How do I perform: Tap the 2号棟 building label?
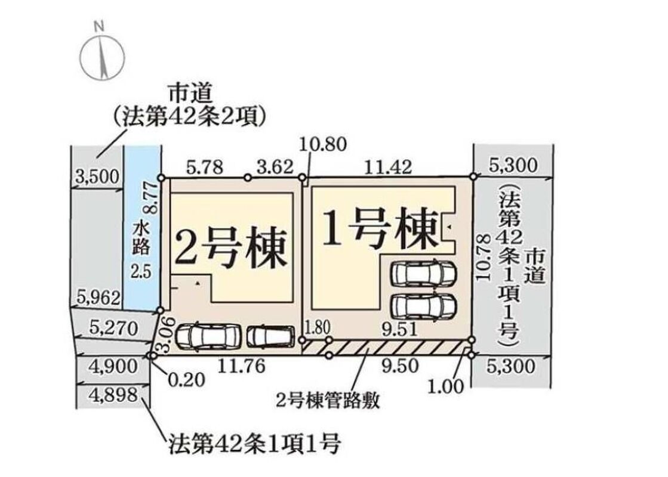tap(230, 249)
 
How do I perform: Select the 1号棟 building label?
tap(380, 228)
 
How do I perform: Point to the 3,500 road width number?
tap(97, 176)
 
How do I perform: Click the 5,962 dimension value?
tap(98, 298)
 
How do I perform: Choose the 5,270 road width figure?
tap(113, 328)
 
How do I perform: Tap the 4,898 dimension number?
tap(113, 395)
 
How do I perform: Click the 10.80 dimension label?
tap(322, 145)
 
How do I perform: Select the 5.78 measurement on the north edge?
tap(205, 167)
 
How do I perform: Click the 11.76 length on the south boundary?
tap(242, 366)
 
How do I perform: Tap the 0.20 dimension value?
tap(186, 379)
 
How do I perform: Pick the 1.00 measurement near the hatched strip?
tap(446, 386)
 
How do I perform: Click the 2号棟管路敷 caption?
tap(328, 401)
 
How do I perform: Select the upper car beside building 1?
tap(424, 274)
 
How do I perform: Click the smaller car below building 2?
tap(270, 336)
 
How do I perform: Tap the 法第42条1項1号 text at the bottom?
tap(254, 444)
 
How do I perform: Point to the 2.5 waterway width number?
tap(141, 271)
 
